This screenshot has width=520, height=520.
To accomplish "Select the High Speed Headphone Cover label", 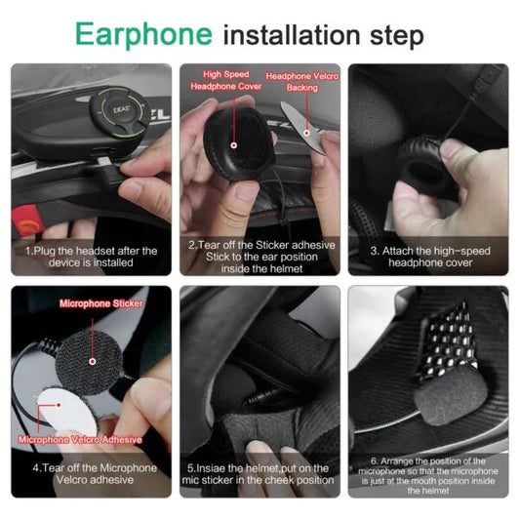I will [x=225, y=79].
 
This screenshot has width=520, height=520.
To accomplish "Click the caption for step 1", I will [x=91, y=258].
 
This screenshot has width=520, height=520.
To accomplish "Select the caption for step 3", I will [x=429, y=258].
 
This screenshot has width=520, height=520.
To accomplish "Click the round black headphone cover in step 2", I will [x=232, y=140].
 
